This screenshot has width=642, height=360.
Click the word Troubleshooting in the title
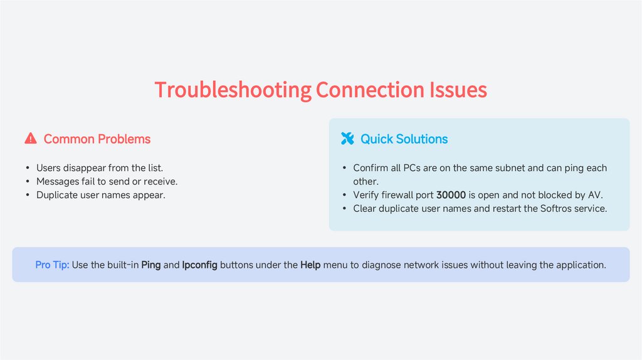click(233, 90)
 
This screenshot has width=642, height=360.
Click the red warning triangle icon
click(30, 139)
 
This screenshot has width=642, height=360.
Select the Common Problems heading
click(97, 139)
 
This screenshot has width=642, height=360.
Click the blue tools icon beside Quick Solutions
click(347, 139)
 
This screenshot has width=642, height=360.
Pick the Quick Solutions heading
click(404, 139)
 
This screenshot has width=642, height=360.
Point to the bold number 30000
click(451, 195)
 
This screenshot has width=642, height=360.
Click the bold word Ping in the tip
click(151, 265)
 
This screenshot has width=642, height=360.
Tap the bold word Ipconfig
click(199, 265)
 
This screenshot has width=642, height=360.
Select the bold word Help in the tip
click(310, 265)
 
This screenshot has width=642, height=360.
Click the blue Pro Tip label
click(52, 265)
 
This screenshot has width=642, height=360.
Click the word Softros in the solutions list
click(556, 208)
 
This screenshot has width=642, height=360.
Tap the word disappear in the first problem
click(85, 168)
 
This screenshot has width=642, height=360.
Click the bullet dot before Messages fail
click(28, 182)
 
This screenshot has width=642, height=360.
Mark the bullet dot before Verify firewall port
click(345, 195)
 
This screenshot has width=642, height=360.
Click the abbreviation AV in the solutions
click(593, 195)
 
